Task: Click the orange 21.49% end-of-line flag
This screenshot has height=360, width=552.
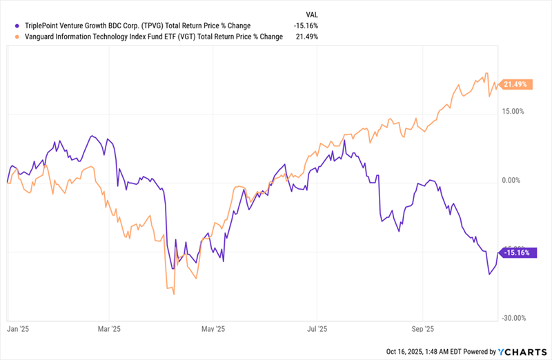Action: (515, 84)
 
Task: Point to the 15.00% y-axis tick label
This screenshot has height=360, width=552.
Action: (513, 111)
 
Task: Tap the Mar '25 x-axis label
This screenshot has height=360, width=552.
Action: (110, 330)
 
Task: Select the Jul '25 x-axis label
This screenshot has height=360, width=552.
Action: (317, 330)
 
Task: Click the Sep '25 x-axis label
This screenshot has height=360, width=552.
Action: (422, 330)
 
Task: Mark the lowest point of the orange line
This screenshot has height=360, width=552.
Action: (173, 294)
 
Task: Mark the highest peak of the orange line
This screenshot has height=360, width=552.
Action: (486, 73)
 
